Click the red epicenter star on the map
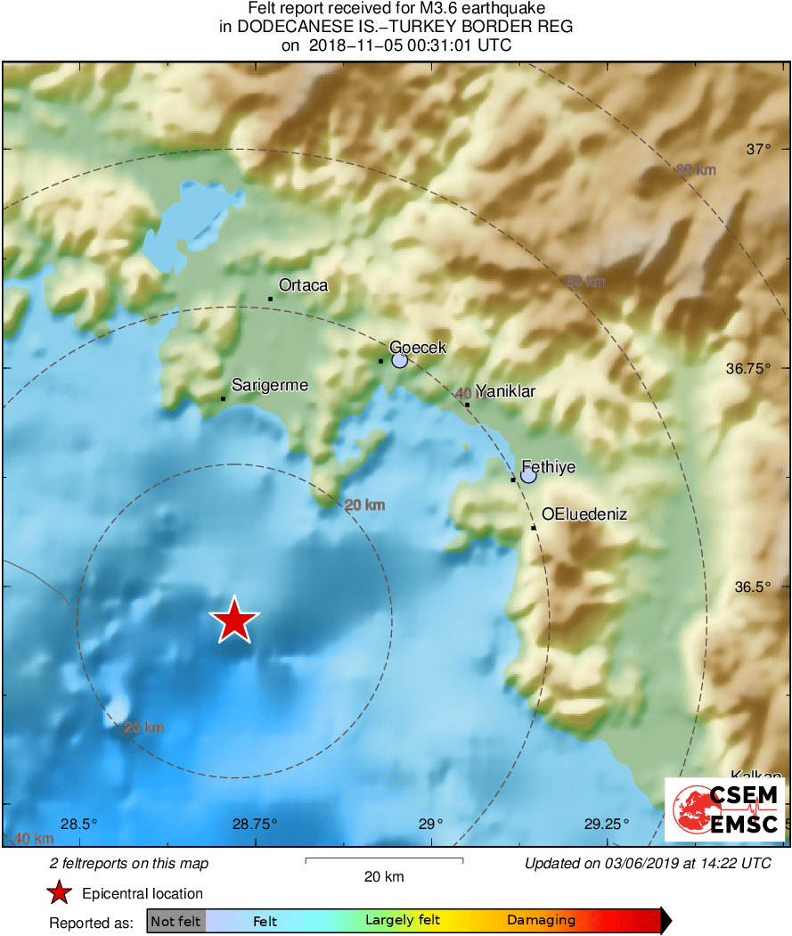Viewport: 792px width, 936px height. (234, 620)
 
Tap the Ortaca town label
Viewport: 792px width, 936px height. (303, 286)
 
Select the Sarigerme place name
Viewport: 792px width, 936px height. (270, 385)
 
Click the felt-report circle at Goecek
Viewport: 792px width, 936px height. (399, 360)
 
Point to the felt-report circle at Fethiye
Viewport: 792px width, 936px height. (528, 476)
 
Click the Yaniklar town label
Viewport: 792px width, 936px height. (505, 390)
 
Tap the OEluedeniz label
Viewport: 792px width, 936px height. (584, 514)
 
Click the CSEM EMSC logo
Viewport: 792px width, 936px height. (725, 809)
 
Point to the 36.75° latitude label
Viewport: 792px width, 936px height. (747, 368)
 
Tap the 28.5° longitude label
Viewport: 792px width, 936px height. (79, 823)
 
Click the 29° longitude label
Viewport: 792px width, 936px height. (430, 823)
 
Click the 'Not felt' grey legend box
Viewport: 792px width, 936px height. (176, 921)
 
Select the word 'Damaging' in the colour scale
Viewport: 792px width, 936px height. (541, 921)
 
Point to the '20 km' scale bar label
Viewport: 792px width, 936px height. (384, 876)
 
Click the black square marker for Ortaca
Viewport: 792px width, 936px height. (270, 299)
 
